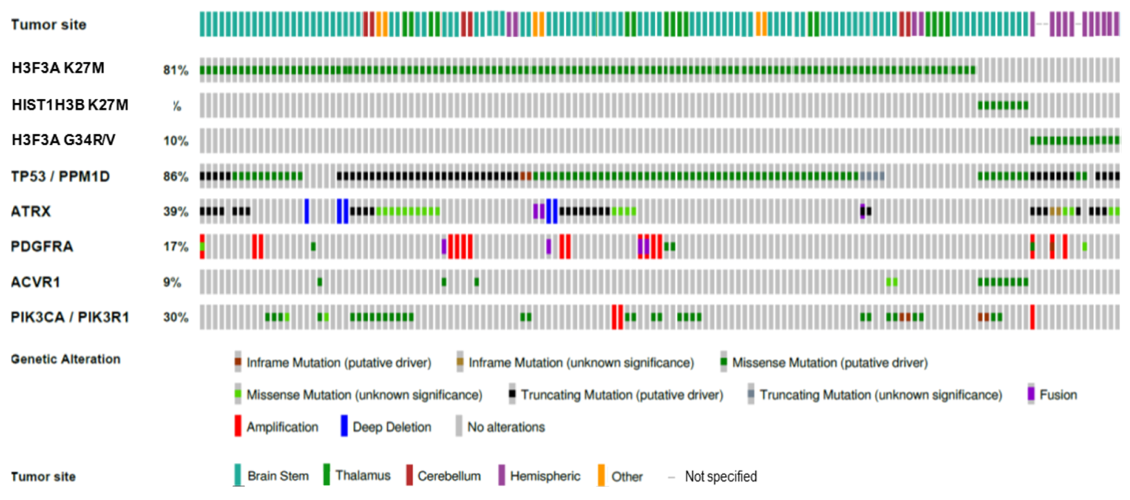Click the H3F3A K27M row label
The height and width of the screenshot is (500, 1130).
[58, 68]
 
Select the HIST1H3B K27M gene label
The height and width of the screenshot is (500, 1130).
[70, 105]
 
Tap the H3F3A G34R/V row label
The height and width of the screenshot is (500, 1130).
[63, 140]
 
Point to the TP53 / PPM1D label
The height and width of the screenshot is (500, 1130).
[60, 177]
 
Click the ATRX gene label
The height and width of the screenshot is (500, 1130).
[31, 211]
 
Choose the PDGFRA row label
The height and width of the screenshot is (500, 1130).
[42, 246]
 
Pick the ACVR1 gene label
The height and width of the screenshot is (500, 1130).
[35, 282]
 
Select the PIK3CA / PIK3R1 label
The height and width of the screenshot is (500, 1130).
[70, 317]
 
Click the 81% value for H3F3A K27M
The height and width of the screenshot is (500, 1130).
[175, 70]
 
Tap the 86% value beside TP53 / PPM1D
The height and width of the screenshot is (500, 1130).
[175, 177]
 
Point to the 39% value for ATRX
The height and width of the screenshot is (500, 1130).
[175, 211]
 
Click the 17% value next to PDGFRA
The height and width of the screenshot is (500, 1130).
[175, 246]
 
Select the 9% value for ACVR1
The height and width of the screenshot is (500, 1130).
[172, 282]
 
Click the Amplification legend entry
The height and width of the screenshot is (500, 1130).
[282, 427]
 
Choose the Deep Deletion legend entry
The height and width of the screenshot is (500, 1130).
[392, 427]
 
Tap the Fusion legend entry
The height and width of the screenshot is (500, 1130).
[1057, 395]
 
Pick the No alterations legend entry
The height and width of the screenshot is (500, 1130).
[506, 427]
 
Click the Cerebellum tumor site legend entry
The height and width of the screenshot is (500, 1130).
[448, 476]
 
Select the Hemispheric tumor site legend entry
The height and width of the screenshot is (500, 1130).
[544, 476]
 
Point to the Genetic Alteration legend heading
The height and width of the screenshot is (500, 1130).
[66, 359]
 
